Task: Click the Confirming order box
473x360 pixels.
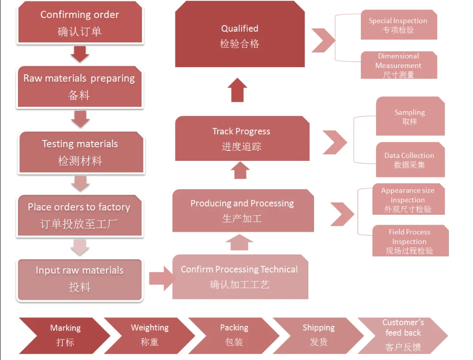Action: coord(79,23)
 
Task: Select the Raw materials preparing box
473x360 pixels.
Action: coord(79,87)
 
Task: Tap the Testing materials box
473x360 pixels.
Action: coord(80,152)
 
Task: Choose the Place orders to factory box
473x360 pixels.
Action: coord(79,215)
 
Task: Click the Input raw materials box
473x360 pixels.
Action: coord(79,279)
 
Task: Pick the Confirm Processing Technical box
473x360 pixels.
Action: coord(240,277)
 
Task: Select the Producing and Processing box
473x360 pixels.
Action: coord(243,211)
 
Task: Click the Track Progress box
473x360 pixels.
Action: coord(242,139)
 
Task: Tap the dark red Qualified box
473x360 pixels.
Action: coord(240,36)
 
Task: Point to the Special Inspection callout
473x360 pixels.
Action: coord(398,25)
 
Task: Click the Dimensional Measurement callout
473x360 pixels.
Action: coord(398,65)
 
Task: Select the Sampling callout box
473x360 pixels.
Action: coord(410,116)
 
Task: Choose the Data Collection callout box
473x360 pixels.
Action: coord(410,160)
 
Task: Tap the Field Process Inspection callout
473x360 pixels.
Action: coord(410,241)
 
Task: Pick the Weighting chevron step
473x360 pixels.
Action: coord(149,335)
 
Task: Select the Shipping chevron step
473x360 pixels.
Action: coord(318,335)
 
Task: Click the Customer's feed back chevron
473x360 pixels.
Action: coord(403,335)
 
